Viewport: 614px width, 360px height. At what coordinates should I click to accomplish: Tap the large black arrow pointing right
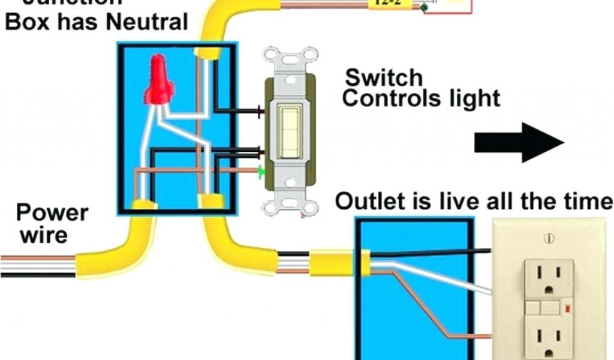tap(519, 142)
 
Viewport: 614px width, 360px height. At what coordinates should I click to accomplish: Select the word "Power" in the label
tap(52, 213)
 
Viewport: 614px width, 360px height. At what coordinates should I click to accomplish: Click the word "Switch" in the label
tap(384, 77)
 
